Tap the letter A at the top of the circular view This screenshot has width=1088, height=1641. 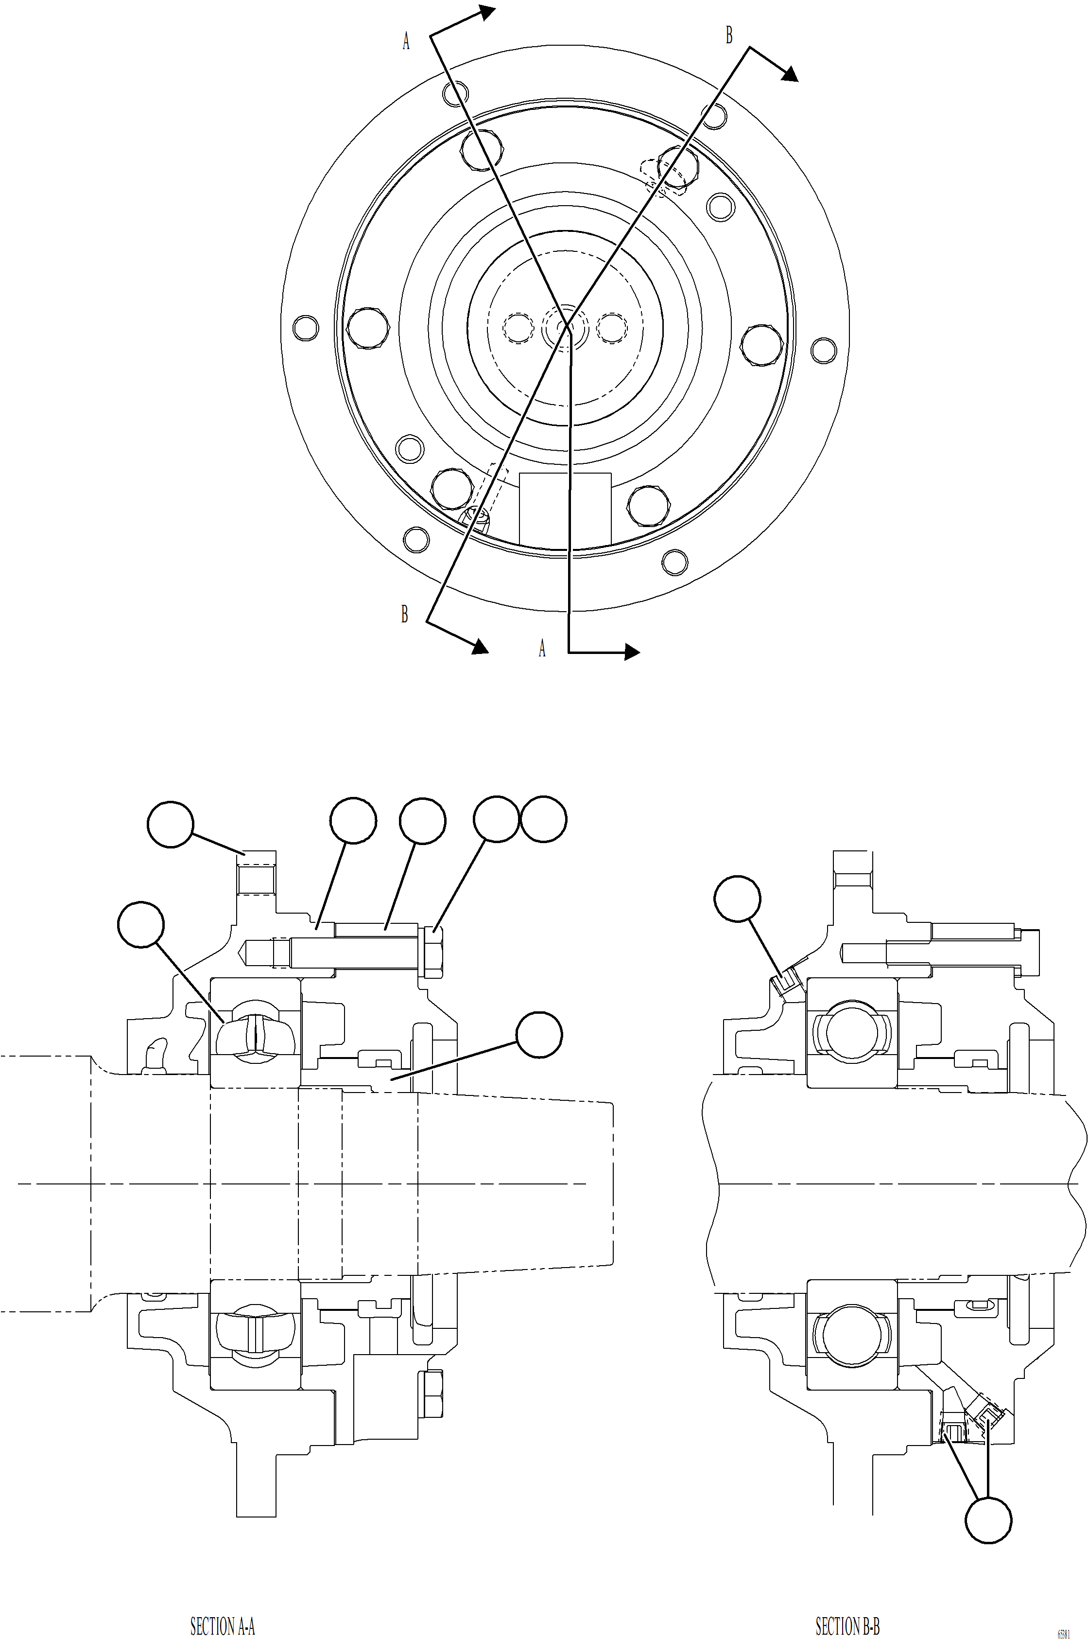406,42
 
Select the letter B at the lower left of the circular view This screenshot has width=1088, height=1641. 404,614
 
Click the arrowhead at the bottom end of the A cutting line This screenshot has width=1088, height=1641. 631,652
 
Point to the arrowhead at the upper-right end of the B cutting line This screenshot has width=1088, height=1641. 790,75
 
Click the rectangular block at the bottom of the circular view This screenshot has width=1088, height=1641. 565,509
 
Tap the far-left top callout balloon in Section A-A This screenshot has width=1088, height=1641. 170,824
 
